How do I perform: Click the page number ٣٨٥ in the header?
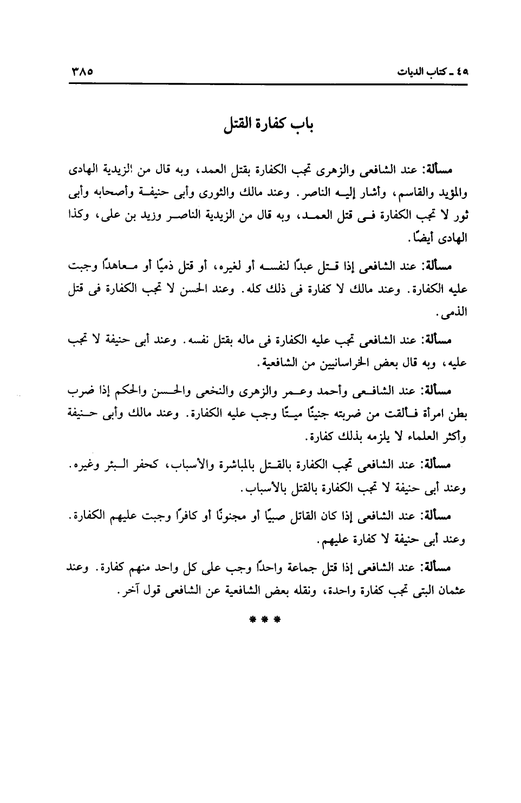pos(82,71)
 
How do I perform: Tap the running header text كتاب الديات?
pos(426,72)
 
